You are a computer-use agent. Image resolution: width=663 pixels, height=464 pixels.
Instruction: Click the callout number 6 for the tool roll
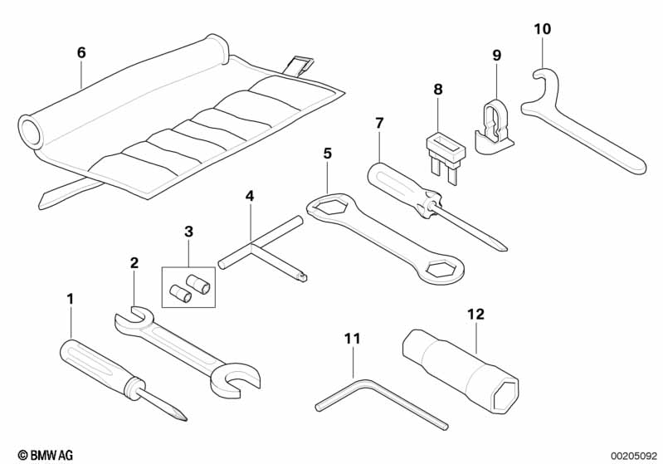[80, 52]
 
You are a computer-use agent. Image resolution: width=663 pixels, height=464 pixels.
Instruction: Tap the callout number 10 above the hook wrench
[541, 29]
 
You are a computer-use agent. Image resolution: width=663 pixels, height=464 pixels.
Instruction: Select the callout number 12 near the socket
[475, 314]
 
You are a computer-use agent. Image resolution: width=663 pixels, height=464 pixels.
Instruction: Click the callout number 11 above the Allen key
[353, 338]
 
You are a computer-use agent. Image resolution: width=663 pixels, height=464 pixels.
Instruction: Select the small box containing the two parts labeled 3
[188, 284]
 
